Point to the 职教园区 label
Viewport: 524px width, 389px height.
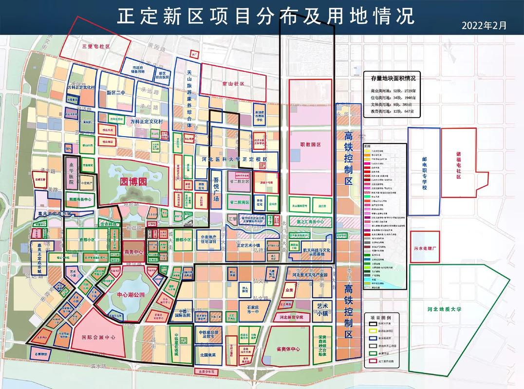click(311, 145)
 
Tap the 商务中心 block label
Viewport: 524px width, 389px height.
click(132, 252)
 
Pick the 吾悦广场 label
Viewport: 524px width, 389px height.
click(217, 193)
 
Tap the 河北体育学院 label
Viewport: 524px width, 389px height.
click(291, 317)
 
